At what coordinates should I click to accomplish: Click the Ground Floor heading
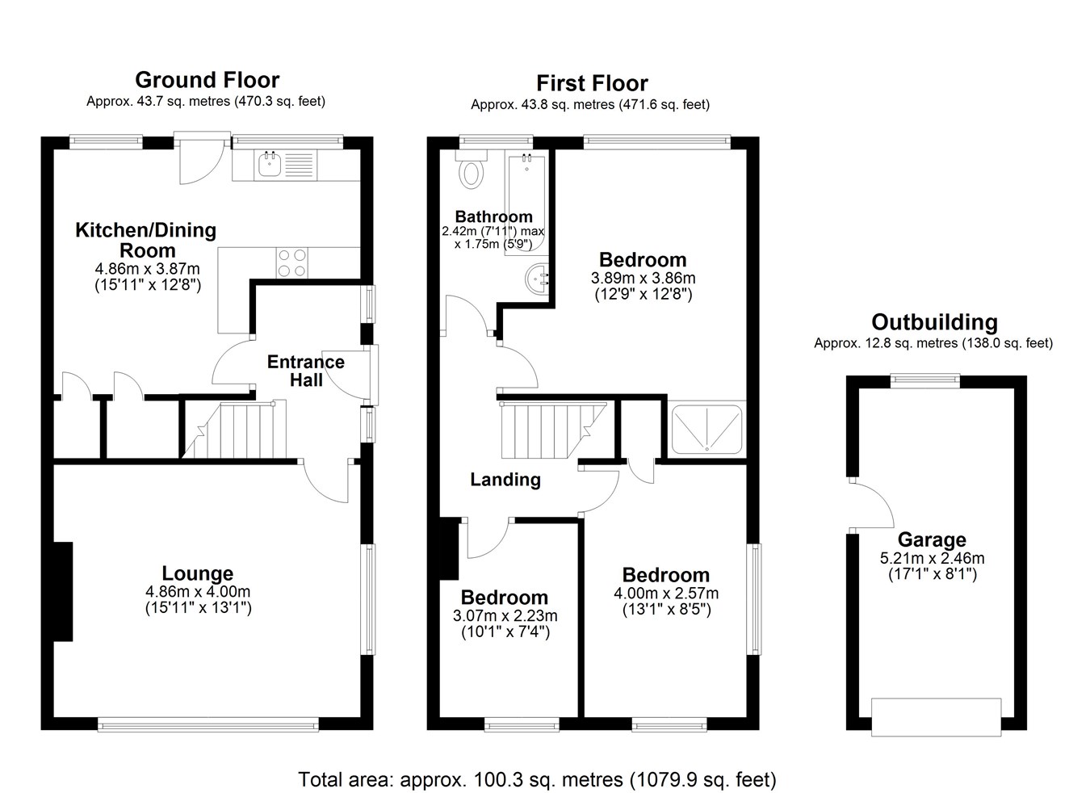click(x=208, y=80)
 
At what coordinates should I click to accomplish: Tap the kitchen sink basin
click(x=269, y=164)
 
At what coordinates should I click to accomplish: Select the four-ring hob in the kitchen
click(x=292, y=262)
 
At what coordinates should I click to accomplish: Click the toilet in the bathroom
click(x=471, y=170)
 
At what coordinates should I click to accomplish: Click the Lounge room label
click(x=198, y=573)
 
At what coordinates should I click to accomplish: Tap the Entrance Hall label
click(x=306, y=371)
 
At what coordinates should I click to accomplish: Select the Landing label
click(x=505, y=480)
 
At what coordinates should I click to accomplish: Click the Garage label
click(x=932, y=539)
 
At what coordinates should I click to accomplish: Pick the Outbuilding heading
click(x=934, y=322)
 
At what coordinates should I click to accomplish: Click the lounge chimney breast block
click(x=63, y=591)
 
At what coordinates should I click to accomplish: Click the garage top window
click(x=925, y=380)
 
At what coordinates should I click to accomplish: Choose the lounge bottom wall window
click(x=208, y=725)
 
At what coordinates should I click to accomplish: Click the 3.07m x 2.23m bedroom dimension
click(x=505, y=616)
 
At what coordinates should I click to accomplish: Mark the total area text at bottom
click(x=537, y=779)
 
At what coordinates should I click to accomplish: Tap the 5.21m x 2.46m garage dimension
click(x=932, y=558)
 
